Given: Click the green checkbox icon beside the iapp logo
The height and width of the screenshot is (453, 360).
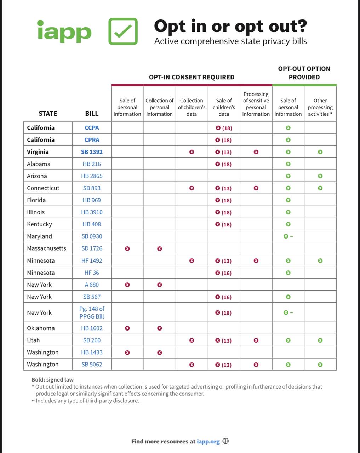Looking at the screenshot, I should point(123,31).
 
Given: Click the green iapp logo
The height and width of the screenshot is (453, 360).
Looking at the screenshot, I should point(64,31).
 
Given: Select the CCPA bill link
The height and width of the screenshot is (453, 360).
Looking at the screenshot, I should point(92,128).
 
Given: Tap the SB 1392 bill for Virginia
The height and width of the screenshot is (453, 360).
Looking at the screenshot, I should point(92,152).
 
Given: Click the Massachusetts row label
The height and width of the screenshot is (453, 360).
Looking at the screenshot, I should point(46,248).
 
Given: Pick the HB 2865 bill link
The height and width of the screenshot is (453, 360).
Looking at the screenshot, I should point(92,176).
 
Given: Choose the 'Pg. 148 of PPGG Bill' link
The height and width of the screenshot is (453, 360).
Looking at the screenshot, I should point(92,312).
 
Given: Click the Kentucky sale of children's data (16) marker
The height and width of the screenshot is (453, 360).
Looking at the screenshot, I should point(224,224).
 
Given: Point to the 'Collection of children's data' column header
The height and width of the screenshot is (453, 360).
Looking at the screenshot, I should point(192,107).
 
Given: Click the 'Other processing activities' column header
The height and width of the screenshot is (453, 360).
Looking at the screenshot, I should point(320,107).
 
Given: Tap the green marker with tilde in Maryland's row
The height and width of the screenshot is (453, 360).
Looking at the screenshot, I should point(288,236).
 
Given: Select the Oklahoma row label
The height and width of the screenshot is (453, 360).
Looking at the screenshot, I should point(41,328).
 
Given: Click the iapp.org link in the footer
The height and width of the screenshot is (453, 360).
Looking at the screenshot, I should point(208,441).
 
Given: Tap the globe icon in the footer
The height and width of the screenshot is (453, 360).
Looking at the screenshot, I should point(225,441).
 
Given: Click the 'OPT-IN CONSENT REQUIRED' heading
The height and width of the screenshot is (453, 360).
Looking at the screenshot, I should point(192,77).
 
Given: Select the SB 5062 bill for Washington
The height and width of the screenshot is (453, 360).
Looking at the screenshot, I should point(92,364).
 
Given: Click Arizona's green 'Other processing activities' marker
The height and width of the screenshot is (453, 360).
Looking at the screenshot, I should point(320,176).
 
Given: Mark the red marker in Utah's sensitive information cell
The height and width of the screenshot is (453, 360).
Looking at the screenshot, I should point(256,340).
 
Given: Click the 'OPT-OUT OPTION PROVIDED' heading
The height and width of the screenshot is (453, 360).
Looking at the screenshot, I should point(304,73).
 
